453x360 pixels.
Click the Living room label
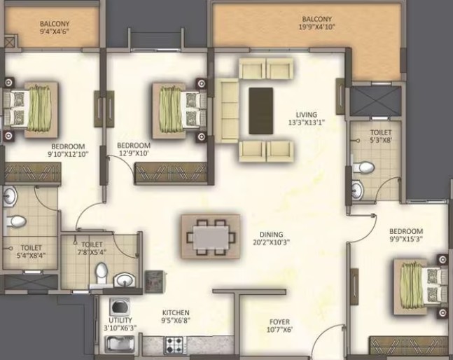pyautogui.click(x=306, y=115)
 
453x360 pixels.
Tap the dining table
pyautogui.click(x=211, y=237)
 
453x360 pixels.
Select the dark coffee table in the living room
pyautogui.click(x=261, y=111)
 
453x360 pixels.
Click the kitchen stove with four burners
pyautogui.click(x=174, y=345)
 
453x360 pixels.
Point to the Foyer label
pyautogui.click(x=279, y=322)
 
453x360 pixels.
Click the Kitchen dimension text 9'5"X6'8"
pyautogui.click(x=176, y=320)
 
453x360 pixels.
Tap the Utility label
pyautogui.click(x=120, y=320)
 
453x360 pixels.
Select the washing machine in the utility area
pyautogui.click(x=119, y=307)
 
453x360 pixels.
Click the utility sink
pyautogui.click(x=120, y=344)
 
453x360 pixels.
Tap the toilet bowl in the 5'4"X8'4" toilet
pyautogui.click(x=16, y=221)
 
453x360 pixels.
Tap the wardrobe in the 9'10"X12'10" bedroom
pyautogui.click(x=32, y=173)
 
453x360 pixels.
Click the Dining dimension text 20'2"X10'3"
pyautogui.click(x=271, y=242)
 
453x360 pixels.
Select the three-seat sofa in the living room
pyautogui.click(x=227, y=110)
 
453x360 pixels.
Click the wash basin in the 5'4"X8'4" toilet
pyautogui.click(x=10, y=196)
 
